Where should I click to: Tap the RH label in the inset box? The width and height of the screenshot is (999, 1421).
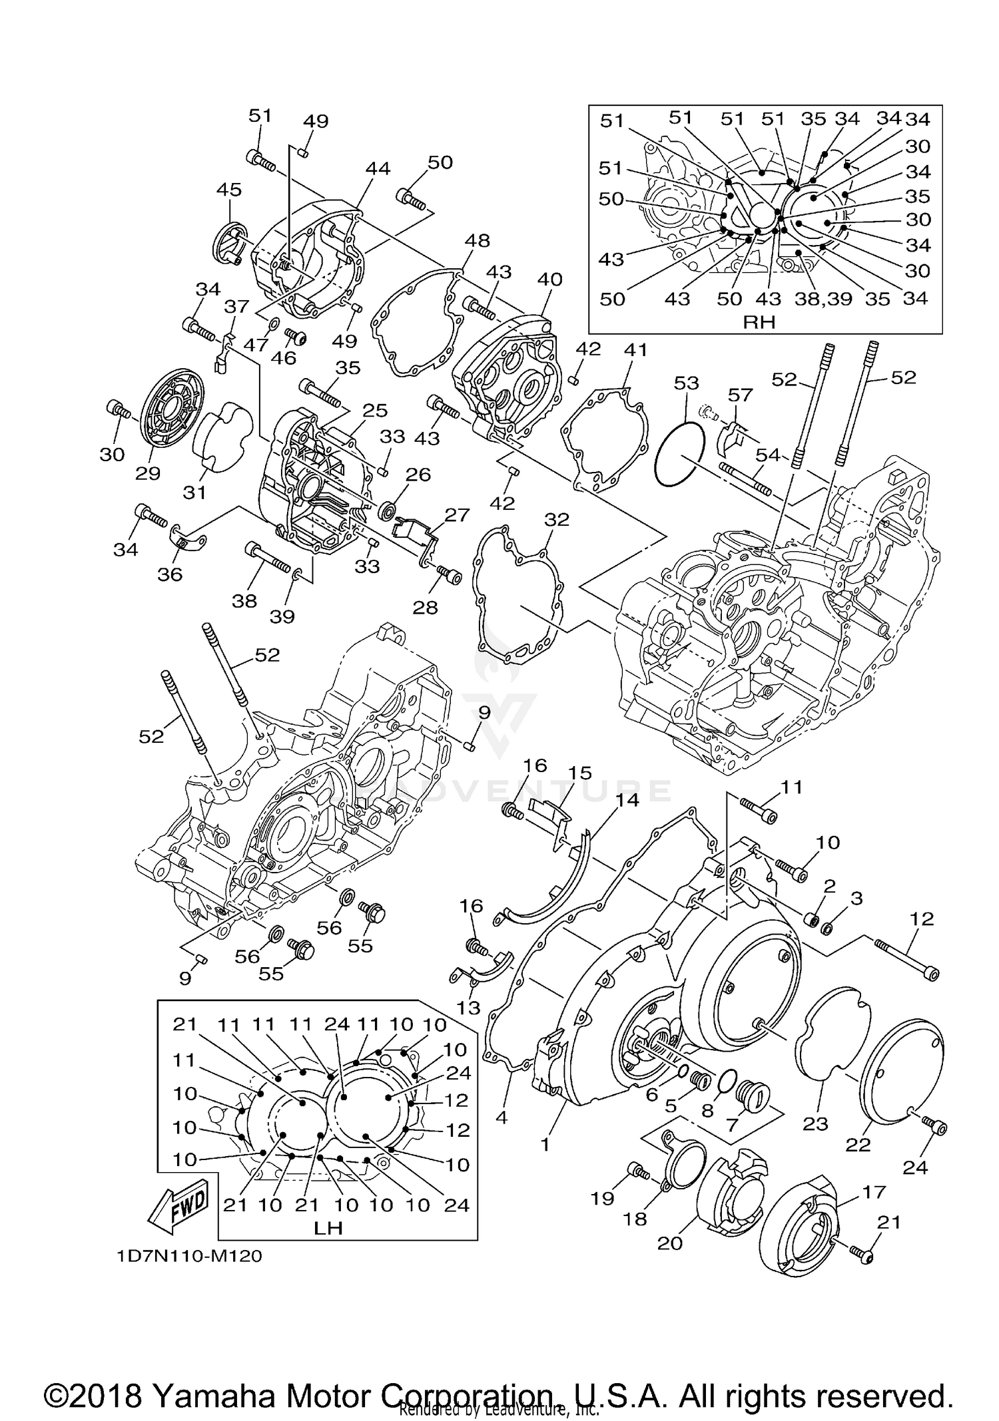pos(759,322)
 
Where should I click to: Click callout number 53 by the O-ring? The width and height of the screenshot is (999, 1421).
pos(686,383)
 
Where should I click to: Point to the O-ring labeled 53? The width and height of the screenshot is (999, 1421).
pos(679,453)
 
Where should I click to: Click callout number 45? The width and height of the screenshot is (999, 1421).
pos(229,190)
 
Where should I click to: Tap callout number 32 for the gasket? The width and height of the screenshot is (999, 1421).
pos(557,519)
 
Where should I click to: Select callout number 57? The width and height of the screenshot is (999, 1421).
pos(739,395)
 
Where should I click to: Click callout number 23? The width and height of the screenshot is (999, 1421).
pos(815,1123)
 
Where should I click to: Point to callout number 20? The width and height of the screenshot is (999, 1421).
pos(670,1243)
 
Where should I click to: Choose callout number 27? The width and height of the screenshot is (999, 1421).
pos(458,514)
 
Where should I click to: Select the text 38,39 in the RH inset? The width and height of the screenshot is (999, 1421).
pos(823,299)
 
